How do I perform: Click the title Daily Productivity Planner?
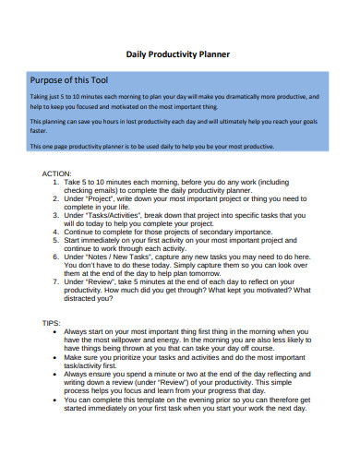[177, 54]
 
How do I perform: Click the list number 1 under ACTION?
[57, 183]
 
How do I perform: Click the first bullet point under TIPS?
[58, 331]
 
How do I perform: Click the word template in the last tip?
[162, 400]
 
